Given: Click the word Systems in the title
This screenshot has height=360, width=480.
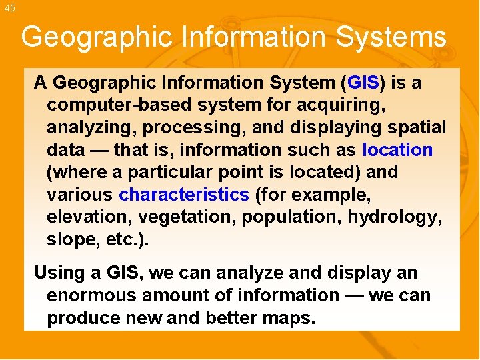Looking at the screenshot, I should pyautogui.click(x=391, y=37).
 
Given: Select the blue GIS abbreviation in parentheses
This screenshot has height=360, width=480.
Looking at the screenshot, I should pyautogui.click(x=363, y=83).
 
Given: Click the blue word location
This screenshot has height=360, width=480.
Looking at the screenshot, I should pyautogui.click(x=397, y=150).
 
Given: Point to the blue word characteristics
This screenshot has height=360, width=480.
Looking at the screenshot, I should pyautogui.click(x=183, y=195).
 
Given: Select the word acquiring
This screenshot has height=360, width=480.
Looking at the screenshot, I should pyautogui.click(x=353, y=105).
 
